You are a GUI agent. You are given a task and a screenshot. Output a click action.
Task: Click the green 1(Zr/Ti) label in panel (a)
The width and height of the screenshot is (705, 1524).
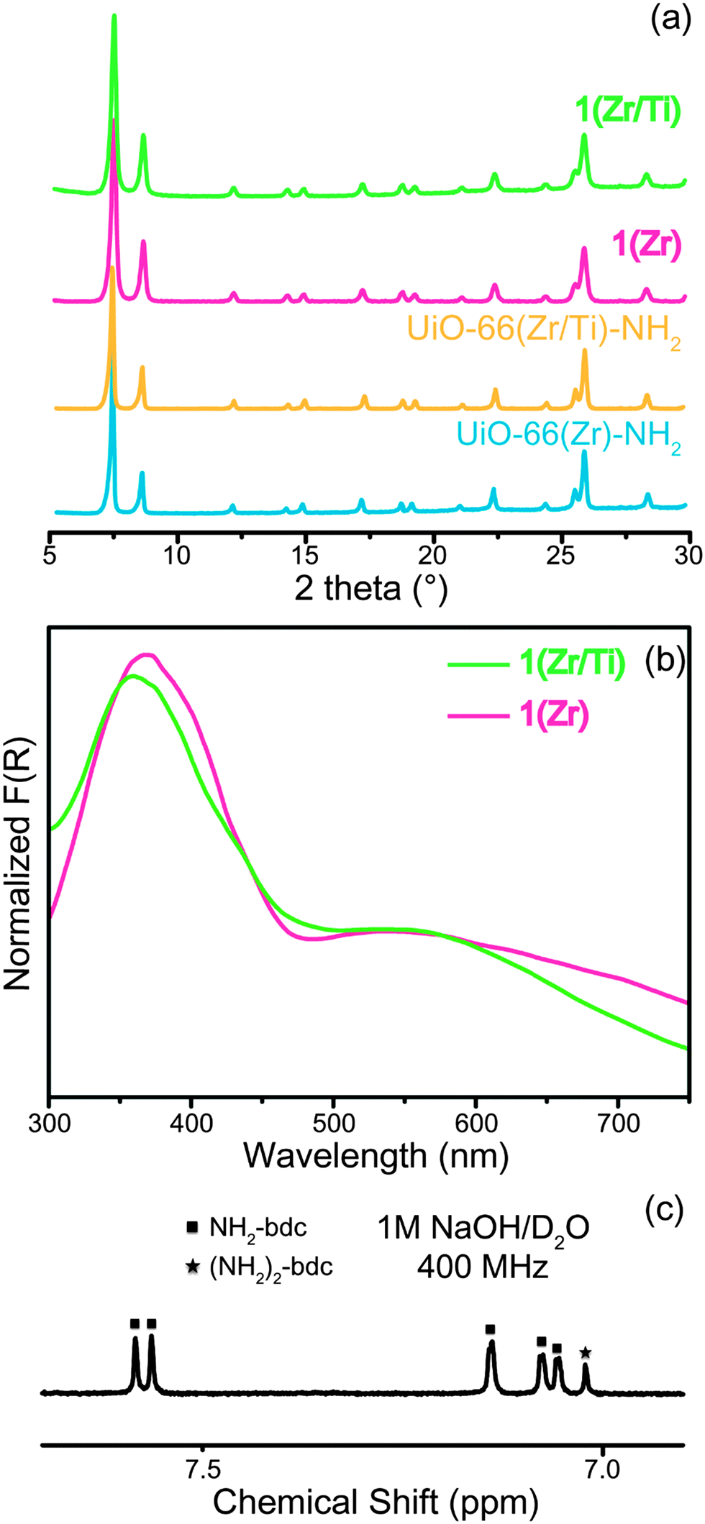(x=627, y=111)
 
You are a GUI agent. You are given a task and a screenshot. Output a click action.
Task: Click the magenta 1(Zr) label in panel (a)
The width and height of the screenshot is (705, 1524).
(x=646, y=246)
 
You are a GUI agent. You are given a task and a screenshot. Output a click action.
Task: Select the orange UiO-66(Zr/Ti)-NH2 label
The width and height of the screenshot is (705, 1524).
(x=544, y=329)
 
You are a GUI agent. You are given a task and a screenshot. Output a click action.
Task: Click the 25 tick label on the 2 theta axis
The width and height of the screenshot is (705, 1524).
(x=561, y=555)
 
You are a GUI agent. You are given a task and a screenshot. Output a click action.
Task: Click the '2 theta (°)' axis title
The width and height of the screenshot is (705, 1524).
(x=370, y=589)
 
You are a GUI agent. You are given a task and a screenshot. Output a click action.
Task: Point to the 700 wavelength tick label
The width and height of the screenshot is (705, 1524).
(x=618, y=1122)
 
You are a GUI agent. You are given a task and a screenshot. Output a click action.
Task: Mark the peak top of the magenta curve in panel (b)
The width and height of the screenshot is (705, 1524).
(x=147, y=655)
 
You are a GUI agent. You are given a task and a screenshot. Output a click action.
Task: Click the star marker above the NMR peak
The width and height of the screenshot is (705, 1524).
(x=586, y=1353)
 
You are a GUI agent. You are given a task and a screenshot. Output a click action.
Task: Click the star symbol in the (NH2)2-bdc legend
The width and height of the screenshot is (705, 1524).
(x=192, y=1267)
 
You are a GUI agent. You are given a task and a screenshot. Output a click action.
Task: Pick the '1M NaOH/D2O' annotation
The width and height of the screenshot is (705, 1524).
(x=483, y=1229)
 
